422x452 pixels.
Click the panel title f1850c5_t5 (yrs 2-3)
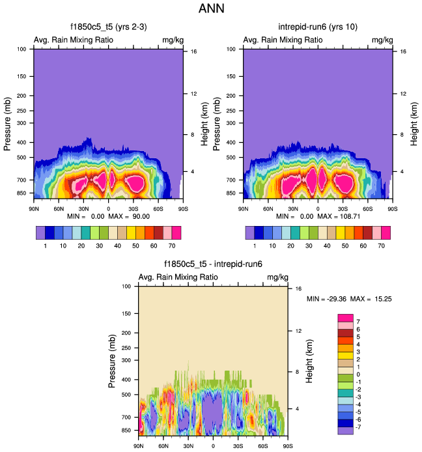pyautogui.click(x=108, y=27)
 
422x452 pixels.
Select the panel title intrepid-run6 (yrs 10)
pyautogui.click(x=318, y=27)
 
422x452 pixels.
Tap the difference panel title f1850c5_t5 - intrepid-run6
pyautogui.click(x=213, y=264)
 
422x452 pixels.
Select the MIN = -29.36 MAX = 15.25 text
pyautogui.click(x=349, y=299)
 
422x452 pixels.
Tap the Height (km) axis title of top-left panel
pyautogui.click(x=204, y=121)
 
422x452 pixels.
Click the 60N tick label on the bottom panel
pyautogui.click(x=163, y=445)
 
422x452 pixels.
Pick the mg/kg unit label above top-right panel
pyautogui.click(x=382, y=40)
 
